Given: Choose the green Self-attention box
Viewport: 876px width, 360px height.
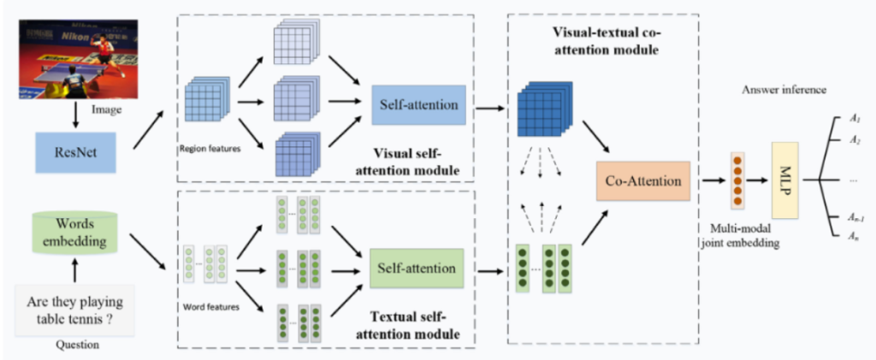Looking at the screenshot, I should pos(416,268).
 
